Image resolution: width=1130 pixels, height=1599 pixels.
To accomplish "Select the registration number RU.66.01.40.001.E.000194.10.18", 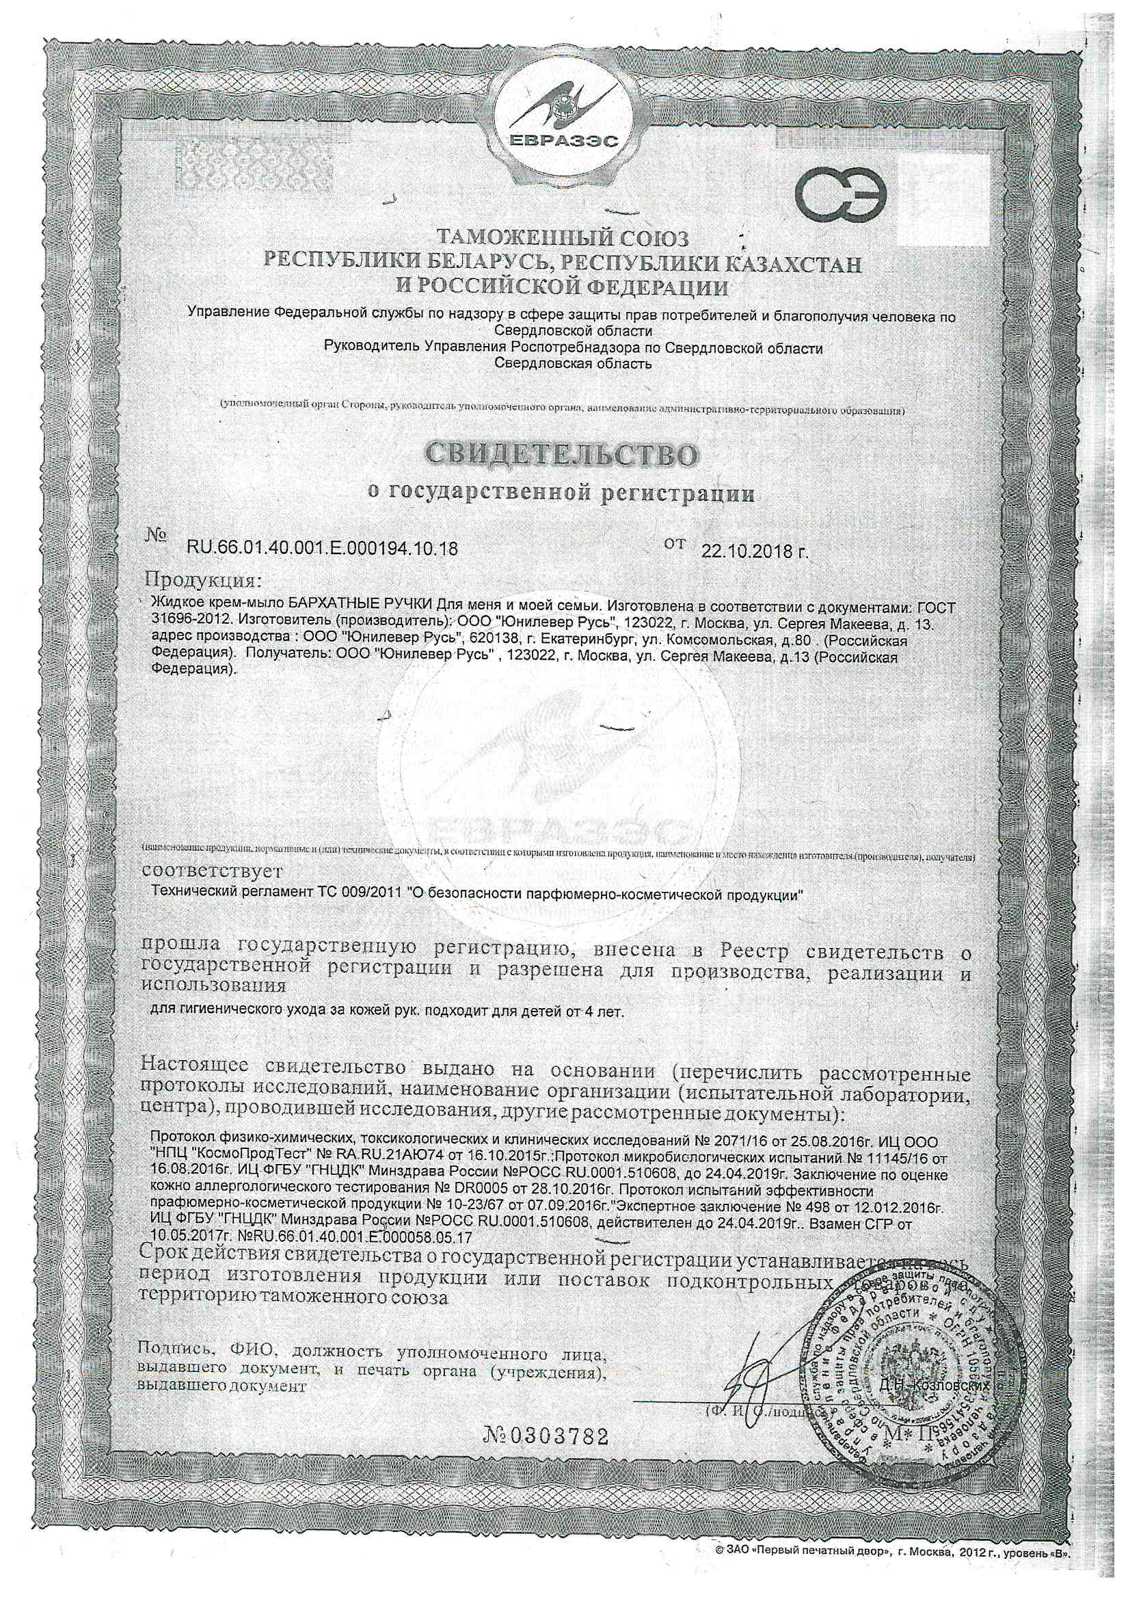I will click(323, 549).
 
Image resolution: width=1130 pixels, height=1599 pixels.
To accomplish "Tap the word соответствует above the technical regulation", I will click(212, 871).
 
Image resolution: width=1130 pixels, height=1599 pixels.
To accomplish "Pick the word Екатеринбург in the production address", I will click(578, 639).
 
